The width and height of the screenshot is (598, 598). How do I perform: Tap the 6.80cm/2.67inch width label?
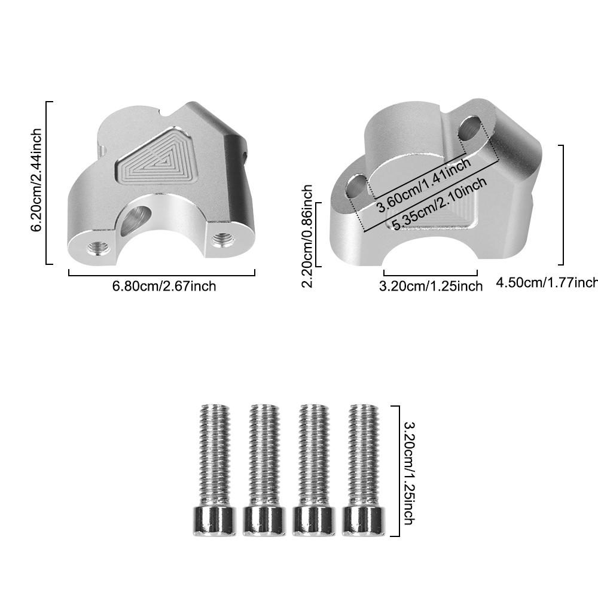pos(164,286)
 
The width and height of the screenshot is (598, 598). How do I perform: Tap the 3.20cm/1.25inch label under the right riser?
pos(431,286)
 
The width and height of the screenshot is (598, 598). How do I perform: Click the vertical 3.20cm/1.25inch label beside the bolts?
pos(408,473)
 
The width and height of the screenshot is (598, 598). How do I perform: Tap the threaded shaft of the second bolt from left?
pos(264,454)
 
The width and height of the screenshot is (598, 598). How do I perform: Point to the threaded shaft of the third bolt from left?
pos(313,454)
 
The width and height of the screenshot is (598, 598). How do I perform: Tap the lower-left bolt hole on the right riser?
pos(356,185)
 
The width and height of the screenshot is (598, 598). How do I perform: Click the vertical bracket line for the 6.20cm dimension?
pos(47,182)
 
